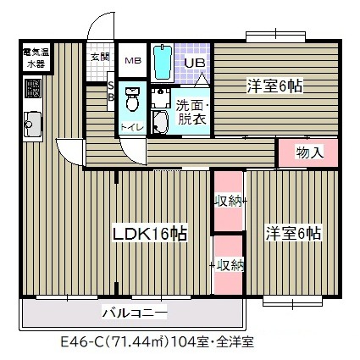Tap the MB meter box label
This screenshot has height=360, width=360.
(133, 60)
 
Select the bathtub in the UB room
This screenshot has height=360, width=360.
(162, 61)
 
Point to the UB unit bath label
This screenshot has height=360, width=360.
(194, 63)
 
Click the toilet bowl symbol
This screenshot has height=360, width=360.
(132, 98)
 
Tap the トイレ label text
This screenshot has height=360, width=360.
(132, 127)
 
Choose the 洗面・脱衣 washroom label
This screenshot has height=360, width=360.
(191, 113)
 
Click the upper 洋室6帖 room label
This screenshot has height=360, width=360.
(274, 86)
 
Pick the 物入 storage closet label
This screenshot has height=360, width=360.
(308, 153)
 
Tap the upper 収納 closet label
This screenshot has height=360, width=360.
(229, 201)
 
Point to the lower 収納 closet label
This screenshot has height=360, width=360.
(229, 264)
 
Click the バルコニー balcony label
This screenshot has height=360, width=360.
(135, 313)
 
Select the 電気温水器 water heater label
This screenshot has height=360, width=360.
(36, 58)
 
